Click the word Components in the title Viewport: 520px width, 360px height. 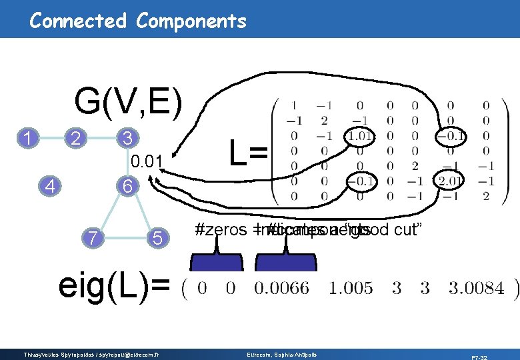coord(191,21)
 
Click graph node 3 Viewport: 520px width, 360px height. coord(125,138)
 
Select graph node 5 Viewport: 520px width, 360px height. coord(156,237)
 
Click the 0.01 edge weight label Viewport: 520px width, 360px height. coord(147,161)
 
